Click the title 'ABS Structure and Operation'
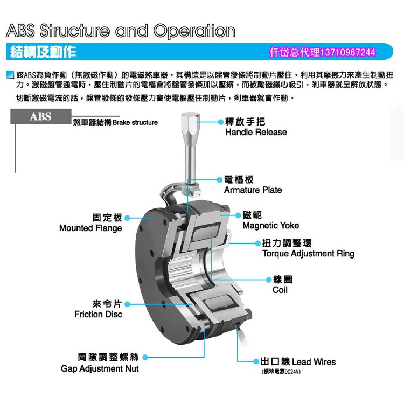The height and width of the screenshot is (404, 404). click(121, 31)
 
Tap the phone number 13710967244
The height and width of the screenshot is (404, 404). click(347, 52)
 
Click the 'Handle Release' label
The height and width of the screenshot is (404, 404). click(255, 133)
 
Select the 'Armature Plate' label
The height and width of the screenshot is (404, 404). click(253, 190)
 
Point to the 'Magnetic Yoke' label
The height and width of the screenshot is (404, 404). click(270, 226)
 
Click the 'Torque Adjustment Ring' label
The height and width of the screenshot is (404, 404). click(308, 254)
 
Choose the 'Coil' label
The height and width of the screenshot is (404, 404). click(280, 290)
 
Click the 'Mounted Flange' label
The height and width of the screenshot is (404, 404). click(90, 228)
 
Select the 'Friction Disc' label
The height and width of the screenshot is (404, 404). click(98, 314)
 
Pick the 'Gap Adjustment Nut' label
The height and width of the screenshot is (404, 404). click(100, 368)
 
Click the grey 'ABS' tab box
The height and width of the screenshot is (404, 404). click(41, 117)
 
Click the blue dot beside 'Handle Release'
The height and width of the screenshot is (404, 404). click(220, 122)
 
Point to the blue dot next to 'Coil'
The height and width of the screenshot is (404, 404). click(268, 280)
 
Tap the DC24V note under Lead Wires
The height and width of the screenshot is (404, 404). click(281, 372)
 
